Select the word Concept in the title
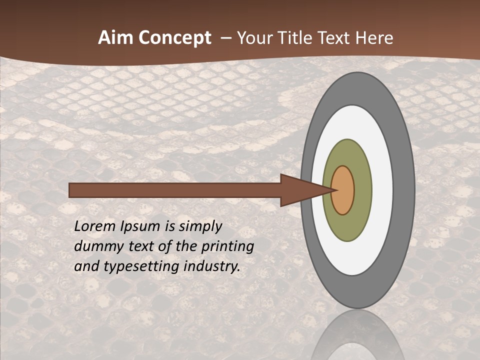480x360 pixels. (174, 38)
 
